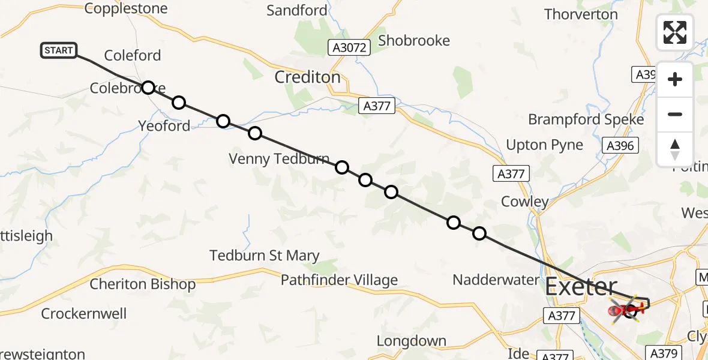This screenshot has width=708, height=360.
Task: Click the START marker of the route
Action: click(x=59, y=50)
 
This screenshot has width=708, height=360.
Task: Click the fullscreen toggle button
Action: click(x=675, y=32)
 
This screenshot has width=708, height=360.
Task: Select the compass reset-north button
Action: click(x=675, y=149)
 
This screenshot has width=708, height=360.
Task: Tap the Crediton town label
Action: click(x=307, y=77)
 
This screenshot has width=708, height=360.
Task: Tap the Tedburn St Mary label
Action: click(x=264, y=256)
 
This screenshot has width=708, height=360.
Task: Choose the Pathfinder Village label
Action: click(x=339, y=280)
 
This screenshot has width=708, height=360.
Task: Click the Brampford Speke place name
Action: click(x=586, y=119)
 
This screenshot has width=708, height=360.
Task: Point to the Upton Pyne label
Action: click(x=544, y=145)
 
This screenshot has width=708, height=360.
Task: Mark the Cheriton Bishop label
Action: click(x=142, y=284)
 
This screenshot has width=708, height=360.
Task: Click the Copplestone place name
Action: click(x=126, y=8)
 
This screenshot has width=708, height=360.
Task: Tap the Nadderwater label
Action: click(x=496, y=280)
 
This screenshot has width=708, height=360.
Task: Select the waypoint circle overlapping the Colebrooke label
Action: click(x=148, y=88)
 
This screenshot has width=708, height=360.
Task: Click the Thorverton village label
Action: click(x=580, y=14)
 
